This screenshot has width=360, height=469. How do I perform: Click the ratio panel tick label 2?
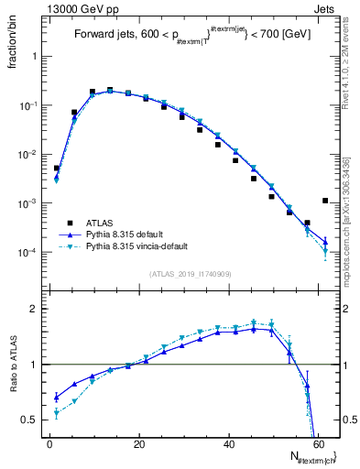click(34, 310)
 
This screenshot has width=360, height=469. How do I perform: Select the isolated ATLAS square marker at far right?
click(326, 201)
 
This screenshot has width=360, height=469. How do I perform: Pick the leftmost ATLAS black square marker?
click(57, 169)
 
